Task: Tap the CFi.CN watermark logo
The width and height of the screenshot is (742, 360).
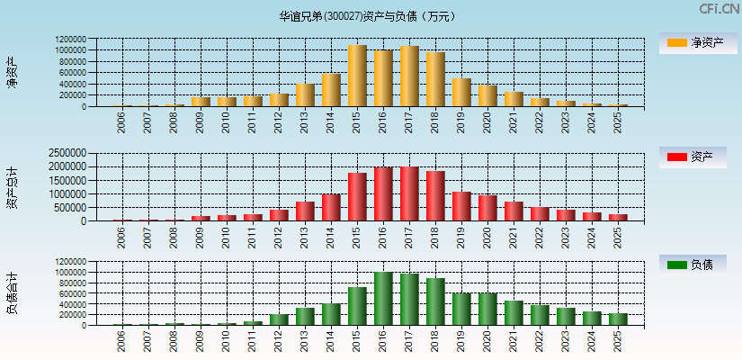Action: (x=719, y=9)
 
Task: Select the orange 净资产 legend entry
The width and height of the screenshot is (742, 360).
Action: (x=693, y=43)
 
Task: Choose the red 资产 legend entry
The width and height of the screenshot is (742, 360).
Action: (x=693, y=157)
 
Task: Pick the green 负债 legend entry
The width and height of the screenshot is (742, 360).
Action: (x=693, y=265)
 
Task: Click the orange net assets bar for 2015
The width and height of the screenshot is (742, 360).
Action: (x=357, y=76)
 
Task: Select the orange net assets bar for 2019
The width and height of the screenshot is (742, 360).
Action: (x=461, y=93)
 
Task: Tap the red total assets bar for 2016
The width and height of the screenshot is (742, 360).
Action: (x=383, y=193)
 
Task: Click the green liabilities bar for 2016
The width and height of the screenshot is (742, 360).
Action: (x=383, y=298)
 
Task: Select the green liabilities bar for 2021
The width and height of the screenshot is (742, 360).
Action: (x=514, y=312)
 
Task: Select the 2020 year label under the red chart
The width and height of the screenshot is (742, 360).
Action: (x=487, y=236)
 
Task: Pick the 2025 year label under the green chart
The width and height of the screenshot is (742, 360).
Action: (x=618, y=340)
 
